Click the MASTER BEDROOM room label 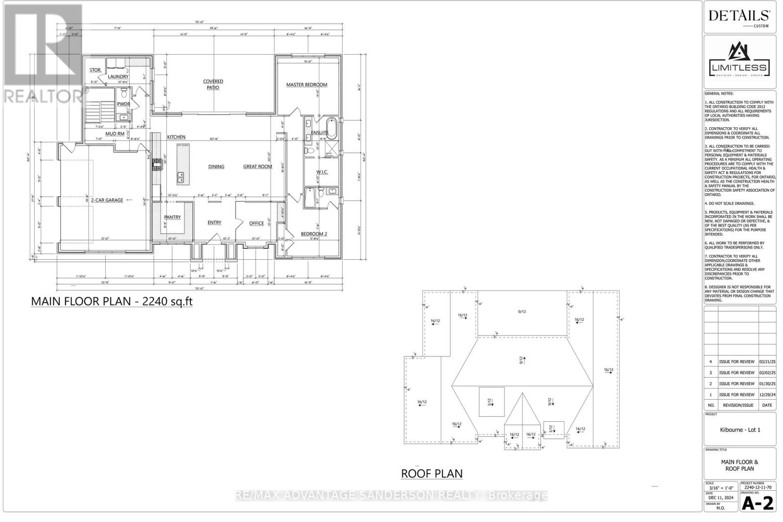click(306, 85)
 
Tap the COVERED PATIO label click(213, 84)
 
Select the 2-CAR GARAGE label click(106, 200)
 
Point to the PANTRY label click(172, 217)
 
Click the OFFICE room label click(256, 223)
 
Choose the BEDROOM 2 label click(314, 234)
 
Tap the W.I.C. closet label click(322, 172)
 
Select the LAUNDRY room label click(118, 77)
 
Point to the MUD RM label click(115, 134)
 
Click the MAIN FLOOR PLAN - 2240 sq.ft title click(112, 301)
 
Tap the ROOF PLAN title click(432, 474)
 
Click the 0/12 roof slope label click(522, 312)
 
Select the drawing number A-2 click(758, 503)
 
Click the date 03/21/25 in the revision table click(767, 362)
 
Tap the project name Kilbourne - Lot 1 click(739, 430)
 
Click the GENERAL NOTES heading click(719, 93)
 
